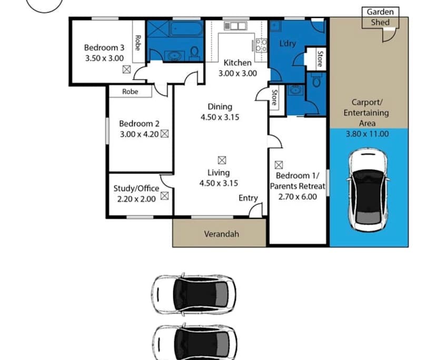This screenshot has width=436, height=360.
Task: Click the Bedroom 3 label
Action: (104, 48)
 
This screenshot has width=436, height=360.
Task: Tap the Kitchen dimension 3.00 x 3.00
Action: (238, 73)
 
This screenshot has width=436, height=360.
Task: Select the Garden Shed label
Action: (379, 17)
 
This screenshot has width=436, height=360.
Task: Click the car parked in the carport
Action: (369, 189)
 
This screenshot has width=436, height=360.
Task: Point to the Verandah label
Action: (221, 234)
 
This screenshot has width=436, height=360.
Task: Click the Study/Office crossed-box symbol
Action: (164, 196)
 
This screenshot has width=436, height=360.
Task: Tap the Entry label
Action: (248, 198)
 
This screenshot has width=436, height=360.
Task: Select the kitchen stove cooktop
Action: (261, 45)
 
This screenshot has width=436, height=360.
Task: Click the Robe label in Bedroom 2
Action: (130, 91)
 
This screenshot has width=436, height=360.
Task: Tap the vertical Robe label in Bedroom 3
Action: (138, 42)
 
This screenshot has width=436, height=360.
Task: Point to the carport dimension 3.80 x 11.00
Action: (367, 134)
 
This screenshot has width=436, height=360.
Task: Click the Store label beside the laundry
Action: (320, 58)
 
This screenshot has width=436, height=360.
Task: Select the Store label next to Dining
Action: (274, 98)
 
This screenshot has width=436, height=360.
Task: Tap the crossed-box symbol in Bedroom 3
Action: (126, 69)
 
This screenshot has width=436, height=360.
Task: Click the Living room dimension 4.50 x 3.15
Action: (220, 183)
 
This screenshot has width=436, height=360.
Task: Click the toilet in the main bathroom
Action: (194, 53)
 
